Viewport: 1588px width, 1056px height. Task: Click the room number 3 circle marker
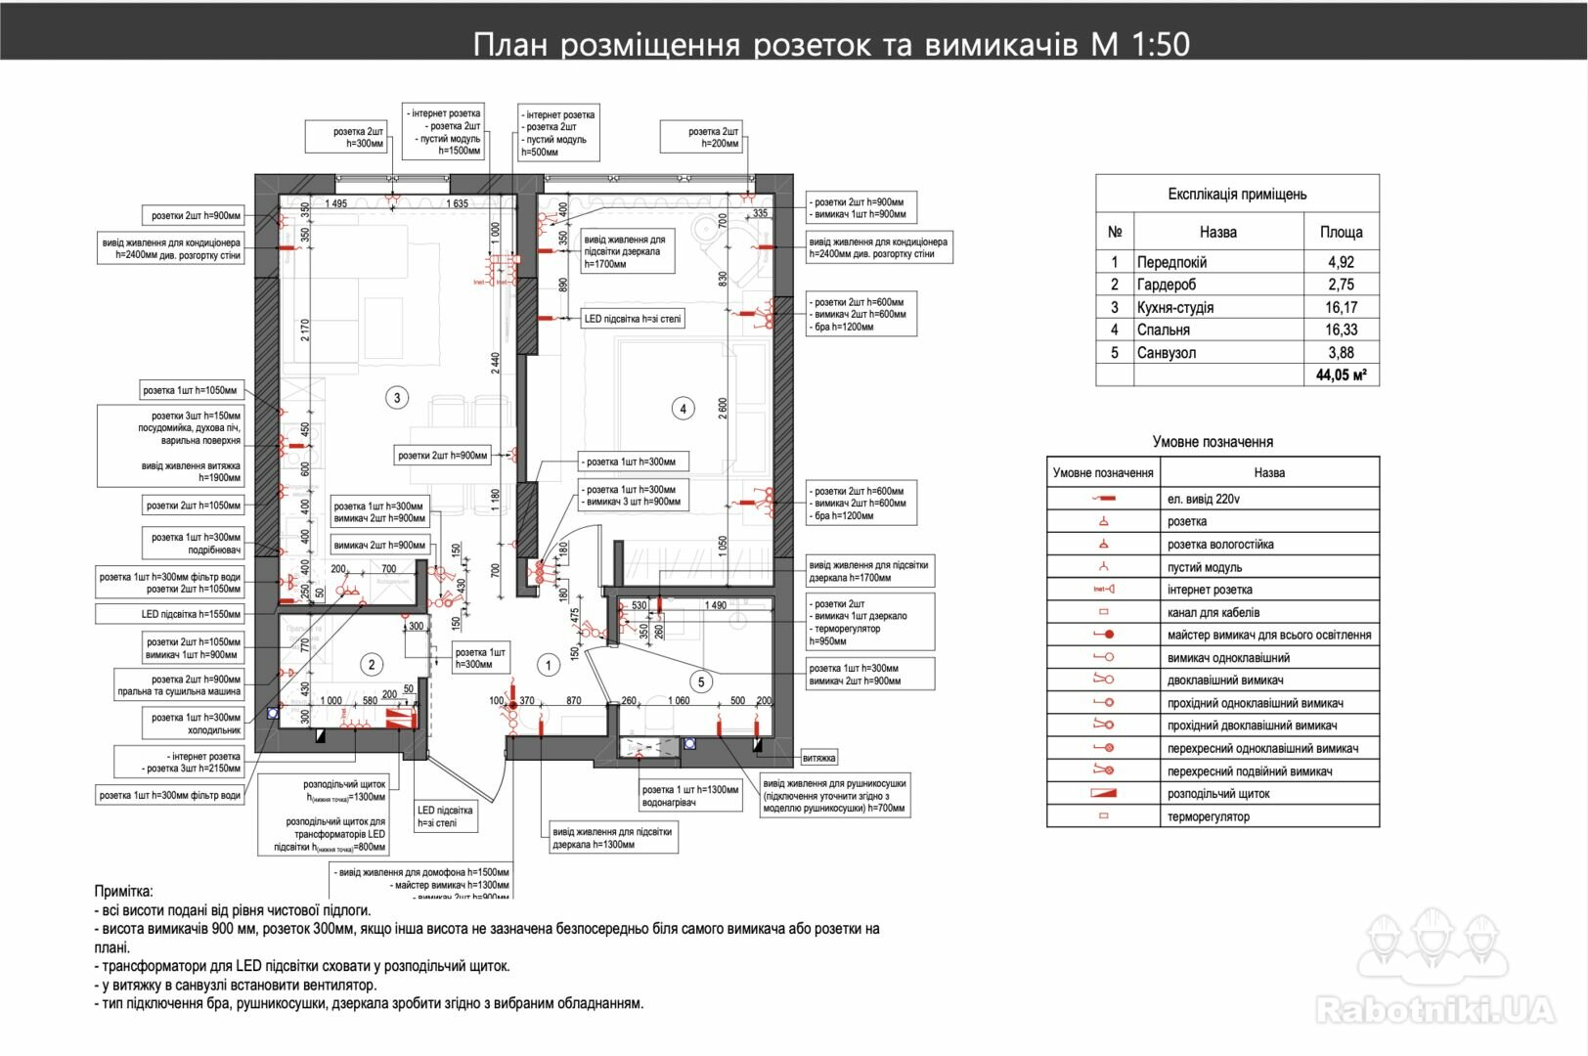pyautogui.click(x=397, y=398)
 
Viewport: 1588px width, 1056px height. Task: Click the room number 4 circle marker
pyautogui.click(x=683, y=409)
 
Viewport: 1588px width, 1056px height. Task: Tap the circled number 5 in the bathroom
pyautogui.click(x=701, y=682)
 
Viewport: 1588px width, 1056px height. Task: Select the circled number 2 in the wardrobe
pyautogui.click(x=372, y=665)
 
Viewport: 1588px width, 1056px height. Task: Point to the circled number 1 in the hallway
pyautogui.click(x=549, y=665)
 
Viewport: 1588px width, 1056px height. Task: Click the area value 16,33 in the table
pyautogui.click(x=1341, y=330)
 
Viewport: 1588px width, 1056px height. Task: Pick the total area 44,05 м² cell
pyautogui.click(x=1341, y=374)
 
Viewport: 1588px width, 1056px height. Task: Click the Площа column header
pyautogui.click(x=1341, y=232)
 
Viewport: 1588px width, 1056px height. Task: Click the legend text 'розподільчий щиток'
pyautogui.click(x=1218, y=794)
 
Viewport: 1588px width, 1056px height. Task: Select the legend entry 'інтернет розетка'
pyautogui.click(x=1210, y=590)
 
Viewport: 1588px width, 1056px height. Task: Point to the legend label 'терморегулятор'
pyautogui.click(x=1208, y=816)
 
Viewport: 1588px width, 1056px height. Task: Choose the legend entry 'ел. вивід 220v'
pyautogui.click(x=1203, y=499)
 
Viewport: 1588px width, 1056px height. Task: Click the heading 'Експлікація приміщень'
pyautogui.click(x=1237, y=194)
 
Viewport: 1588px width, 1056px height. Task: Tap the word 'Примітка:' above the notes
pyautogui.click(x=123, y=891)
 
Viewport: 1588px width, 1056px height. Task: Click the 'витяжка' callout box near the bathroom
pyautogui.click(x=818, y=758)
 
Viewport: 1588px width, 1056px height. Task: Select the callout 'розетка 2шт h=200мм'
pyautogui.click(x=700, y=137)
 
